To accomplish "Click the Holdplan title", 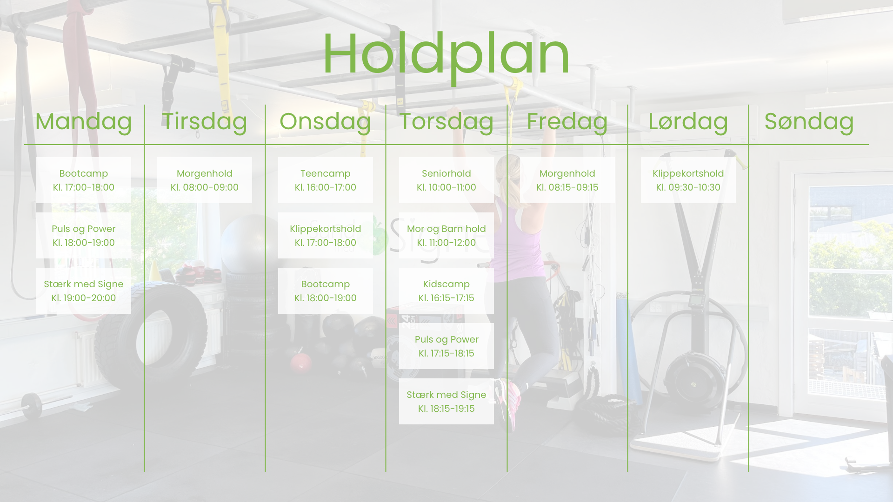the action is tap(446, 55).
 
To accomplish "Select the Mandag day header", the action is tap(84, 122).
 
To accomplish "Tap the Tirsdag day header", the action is tap(205, 122).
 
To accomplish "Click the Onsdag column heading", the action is tap(326, 122).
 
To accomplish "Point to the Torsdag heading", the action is tap(446, 122).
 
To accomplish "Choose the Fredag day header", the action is tap(567, 122).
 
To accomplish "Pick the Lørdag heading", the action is tap(688, 122).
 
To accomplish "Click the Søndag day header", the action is tap(809, 122).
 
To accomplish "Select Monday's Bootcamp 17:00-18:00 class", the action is tap(84, 180).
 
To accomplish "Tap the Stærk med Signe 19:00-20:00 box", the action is tap(84, 291).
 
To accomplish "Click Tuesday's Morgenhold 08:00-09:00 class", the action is tap(205, 180).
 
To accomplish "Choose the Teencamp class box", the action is tap(326, 180).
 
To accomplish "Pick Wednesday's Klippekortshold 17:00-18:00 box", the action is tap(326, 235).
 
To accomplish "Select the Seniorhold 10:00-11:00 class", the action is tap(446, 180).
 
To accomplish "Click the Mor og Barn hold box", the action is tap(446, 235).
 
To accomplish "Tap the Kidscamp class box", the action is tap(446, 291).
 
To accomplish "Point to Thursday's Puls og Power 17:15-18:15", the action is tap(446, 346).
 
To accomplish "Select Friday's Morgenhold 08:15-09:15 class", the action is tap(567, 180).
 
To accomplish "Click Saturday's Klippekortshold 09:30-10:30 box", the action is tap(688, 180).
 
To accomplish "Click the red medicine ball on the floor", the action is tap(301, 363).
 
